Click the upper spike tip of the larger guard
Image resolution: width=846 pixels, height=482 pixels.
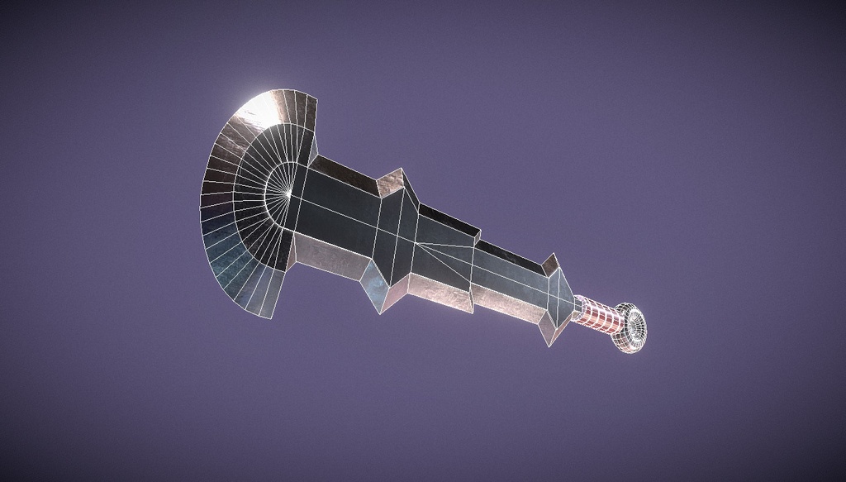point(401,170)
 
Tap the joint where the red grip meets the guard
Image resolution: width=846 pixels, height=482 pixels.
point(577,306)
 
